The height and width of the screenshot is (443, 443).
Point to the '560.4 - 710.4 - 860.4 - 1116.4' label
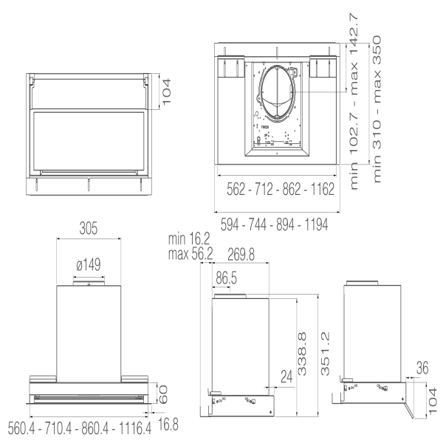pos(79,427)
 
